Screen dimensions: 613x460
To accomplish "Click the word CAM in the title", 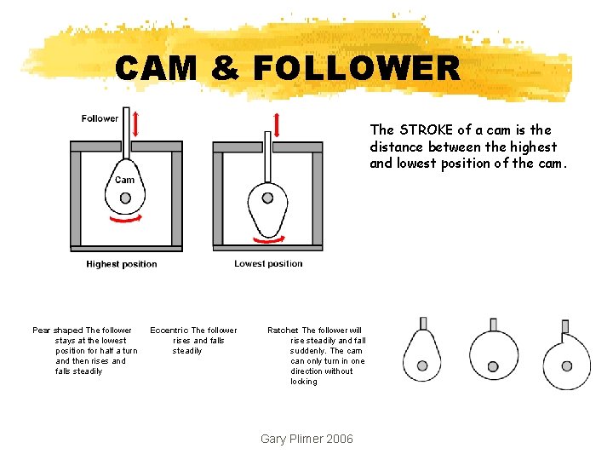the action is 156,67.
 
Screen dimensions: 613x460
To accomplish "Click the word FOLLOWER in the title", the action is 357,67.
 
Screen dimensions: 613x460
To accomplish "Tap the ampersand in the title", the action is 225,67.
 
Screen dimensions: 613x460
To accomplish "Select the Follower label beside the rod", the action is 100,118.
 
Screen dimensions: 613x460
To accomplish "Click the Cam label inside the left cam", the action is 124,180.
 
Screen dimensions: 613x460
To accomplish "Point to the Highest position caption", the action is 122,264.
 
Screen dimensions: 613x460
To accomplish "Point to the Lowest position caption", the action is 268,263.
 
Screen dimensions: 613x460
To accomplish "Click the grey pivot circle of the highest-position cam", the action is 125,198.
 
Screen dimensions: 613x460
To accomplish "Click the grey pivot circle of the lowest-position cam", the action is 268,198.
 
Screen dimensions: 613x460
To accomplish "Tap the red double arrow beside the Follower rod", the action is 135,124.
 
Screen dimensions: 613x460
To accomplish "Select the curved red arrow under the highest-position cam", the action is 126,219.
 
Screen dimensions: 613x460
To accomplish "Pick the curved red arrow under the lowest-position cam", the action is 269,239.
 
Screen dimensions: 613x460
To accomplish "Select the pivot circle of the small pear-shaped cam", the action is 422,365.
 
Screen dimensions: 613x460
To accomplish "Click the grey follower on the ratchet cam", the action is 565,326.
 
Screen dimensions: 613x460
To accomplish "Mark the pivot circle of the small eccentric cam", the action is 493,366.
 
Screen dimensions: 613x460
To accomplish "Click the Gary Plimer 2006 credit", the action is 306,439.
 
